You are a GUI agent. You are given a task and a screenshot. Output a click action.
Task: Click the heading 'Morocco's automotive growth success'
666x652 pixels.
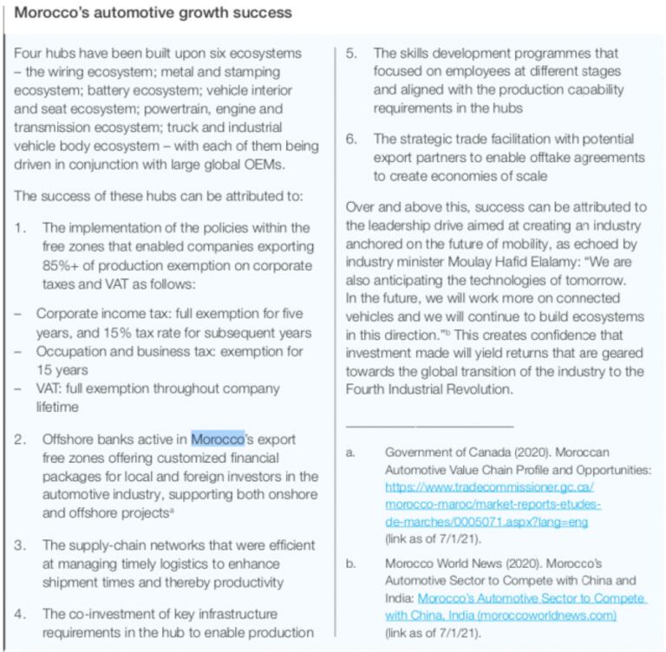click(153, 13)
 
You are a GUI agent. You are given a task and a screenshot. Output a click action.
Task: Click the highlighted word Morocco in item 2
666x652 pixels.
click(218, 439)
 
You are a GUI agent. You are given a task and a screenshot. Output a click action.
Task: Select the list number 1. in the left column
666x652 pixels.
click(22, 227)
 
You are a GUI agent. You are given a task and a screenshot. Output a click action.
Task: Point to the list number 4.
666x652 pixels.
click(22, 614)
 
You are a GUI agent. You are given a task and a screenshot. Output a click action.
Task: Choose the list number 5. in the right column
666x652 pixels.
click(352, 54)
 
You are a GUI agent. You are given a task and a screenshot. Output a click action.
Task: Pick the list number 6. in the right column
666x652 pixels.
click(352, 139)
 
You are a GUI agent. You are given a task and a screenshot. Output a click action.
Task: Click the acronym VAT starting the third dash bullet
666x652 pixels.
click(50, 388)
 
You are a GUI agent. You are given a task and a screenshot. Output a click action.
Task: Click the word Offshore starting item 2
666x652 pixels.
click(69, 439)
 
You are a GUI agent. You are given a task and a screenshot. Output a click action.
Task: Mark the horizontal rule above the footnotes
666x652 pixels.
click(429, 426)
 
